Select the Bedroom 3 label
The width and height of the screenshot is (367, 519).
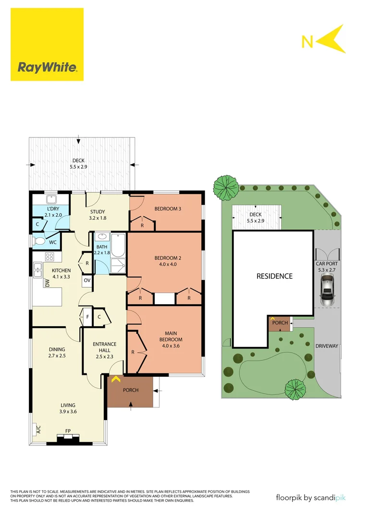pyautogui.click(x=168, y=209)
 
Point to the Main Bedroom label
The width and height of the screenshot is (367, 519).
pyautogui.click(x=172, y=336)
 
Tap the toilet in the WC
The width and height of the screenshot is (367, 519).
pyautogui.click(x=40, y=241)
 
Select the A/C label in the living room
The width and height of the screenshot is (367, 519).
pyautogui.click(x=38, y=429)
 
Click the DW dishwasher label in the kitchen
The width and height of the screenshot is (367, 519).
pyautogui.click(x=47, y=284)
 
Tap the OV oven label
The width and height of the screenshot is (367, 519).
pyautogui.click(x=87, y=280)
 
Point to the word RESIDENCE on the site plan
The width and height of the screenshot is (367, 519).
pyautogui.click(x=274, y=276)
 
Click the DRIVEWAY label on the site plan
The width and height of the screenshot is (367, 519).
pyautogui.click(x=327, y=346)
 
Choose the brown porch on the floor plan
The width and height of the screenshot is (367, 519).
pyautogui.click(x=130, y=390)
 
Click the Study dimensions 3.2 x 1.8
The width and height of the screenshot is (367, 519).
pyautogui.click(x=98, y=218)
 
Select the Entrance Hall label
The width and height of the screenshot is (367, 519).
pyautogui.click(x=104, y=347)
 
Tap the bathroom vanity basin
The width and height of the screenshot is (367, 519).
pyautogui.click(x=101, y=237)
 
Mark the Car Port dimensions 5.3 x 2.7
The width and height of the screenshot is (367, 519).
pyautogui.click(x=326, y=270)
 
